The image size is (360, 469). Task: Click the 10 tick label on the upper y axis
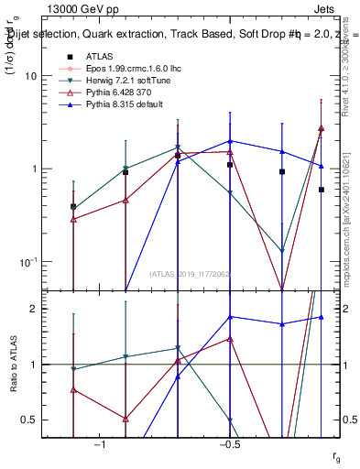[31, 77]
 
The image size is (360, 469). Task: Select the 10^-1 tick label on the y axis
[27, 261]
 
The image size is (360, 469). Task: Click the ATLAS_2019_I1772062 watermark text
[191, 275]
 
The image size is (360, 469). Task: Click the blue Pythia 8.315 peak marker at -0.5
[230, 141]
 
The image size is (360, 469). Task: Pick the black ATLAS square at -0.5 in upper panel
[230, 165]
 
